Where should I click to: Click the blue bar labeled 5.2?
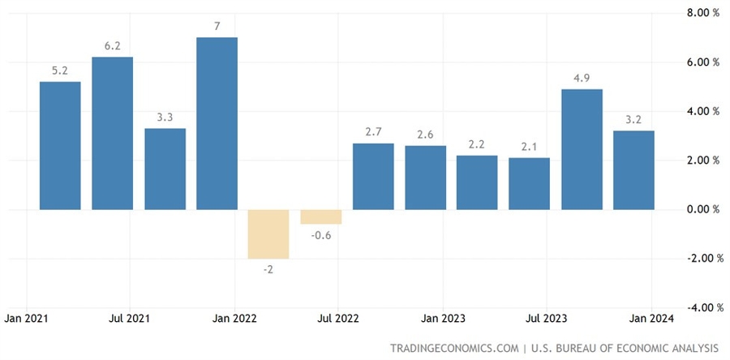[x=60, y=145]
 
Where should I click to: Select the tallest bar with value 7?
[x=217, y=123]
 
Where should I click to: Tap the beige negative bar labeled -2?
[x=268, y=234]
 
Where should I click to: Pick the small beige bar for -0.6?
[x=320, y=216]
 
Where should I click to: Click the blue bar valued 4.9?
[x=582, y=149]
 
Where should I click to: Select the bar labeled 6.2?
[x=112, y=133]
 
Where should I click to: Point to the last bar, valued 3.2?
[x=633, y=170]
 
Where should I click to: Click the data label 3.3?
[x=165, y=118]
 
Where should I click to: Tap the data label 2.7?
[x=373, y=132]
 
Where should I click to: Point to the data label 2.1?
[x=530, y=147]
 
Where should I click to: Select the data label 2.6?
[x=425, y=135]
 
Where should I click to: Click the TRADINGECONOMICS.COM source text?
[x=454, y=348]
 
